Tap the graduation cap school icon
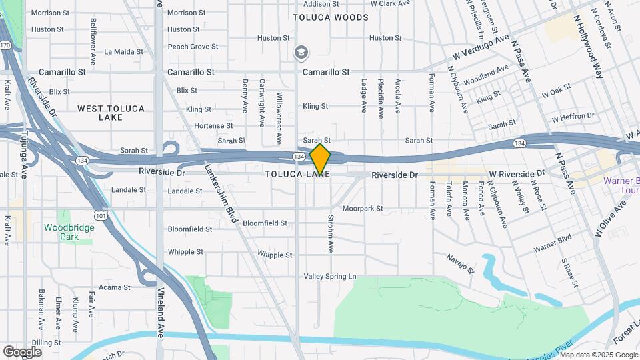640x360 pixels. (x=302, y=53)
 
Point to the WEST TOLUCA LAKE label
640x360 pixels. (x=100, y=113)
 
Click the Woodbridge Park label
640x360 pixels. (x=69, y=232)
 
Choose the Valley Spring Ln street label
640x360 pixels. (x=330, y=276)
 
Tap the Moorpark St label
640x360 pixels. (x=363, y=209)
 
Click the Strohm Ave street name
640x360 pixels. (x=329, y=233)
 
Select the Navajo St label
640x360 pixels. (x=460, y=263)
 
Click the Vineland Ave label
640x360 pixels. (x=161, y=313)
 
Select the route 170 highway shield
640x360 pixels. (x=5, y=45)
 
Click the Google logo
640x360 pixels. (x=22, y=351)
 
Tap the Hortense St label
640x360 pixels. (x=213, y=125)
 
